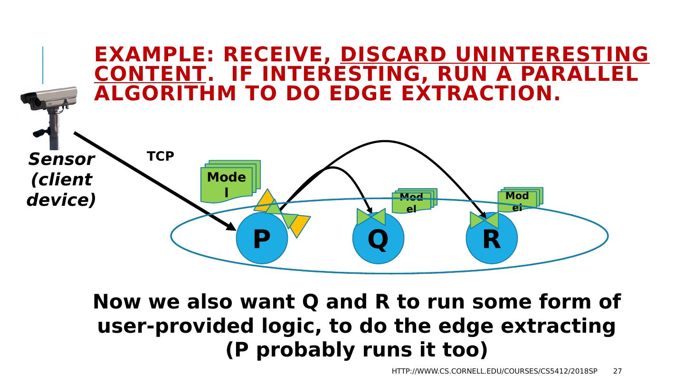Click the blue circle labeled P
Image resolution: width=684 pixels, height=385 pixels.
tap(262, 239)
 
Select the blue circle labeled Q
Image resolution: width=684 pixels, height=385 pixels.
tap(378, 239)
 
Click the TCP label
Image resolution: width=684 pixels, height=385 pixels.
tap(161, 156)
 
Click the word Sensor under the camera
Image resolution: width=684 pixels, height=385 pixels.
tap(61, 160)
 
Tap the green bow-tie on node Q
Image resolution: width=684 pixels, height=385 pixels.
tap(371, 217)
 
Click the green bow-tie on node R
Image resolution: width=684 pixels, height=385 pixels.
tap(484, 220)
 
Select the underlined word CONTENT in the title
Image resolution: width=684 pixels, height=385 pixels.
tap(150, 74)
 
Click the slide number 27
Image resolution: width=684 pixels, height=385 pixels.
tap(617, 371)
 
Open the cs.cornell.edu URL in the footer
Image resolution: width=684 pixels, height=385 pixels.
tap(494, 371)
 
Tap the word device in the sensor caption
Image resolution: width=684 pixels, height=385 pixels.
tap(61, 200)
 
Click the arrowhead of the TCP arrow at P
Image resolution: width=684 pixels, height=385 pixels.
tap(231, 227)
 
